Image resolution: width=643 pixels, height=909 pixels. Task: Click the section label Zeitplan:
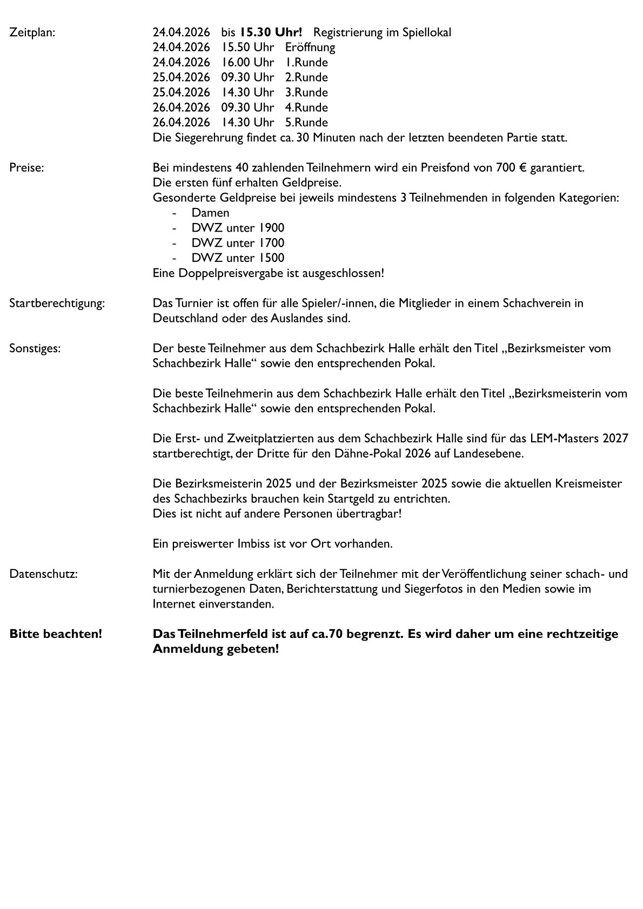tap(32, 32)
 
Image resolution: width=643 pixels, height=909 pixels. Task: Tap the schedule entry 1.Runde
tap(306, 63)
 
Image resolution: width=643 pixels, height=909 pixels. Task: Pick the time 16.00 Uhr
tap(248, 63)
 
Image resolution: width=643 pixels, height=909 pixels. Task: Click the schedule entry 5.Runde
tap(306, 123)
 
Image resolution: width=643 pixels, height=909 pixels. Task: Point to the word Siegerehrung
tap(207, 138)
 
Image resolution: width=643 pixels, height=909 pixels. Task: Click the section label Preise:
tap(26, 168)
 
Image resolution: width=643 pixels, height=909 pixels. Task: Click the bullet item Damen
tap(210, 213)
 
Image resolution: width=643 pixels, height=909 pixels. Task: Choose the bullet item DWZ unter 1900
tap(238, 228)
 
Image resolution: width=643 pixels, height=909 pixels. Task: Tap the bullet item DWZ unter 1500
tap(238, 258)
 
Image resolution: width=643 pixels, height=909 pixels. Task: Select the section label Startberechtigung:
tap(57, 304)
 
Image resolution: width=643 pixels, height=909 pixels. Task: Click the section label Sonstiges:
tap(35, 348)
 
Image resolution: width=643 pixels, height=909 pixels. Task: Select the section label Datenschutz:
tap(43, 574)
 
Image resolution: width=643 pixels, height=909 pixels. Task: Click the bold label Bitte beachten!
tap(56, 634)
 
